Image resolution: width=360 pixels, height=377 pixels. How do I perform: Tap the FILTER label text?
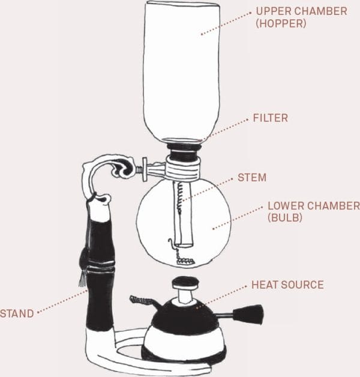pyautogui.click(x=271, y=118)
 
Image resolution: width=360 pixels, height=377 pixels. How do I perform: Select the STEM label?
pyautogui.click(x=252, y=178)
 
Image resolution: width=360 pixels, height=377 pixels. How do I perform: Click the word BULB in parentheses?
pyautogui.click(x=285, y=217)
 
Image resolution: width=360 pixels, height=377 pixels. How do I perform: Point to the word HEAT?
pyautogui.click(x=265, y=285)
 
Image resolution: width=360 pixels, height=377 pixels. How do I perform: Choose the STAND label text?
pyautogui.click(x=17, y=313)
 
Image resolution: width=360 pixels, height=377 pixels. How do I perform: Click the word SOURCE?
pyautogui.click(x=302, y=285)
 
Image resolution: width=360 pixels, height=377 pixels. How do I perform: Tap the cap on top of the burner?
pyautogui.click(x=186, y=283)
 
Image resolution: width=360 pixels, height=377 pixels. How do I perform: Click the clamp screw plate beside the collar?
pyautogui.click(x=145, y=169)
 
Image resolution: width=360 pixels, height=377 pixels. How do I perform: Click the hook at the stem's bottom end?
pyautogui.click(x=172, y=243)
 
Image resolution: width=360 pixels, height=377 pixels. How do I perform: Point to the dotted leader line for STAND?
pyautogui.click(x=62, y=301)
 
